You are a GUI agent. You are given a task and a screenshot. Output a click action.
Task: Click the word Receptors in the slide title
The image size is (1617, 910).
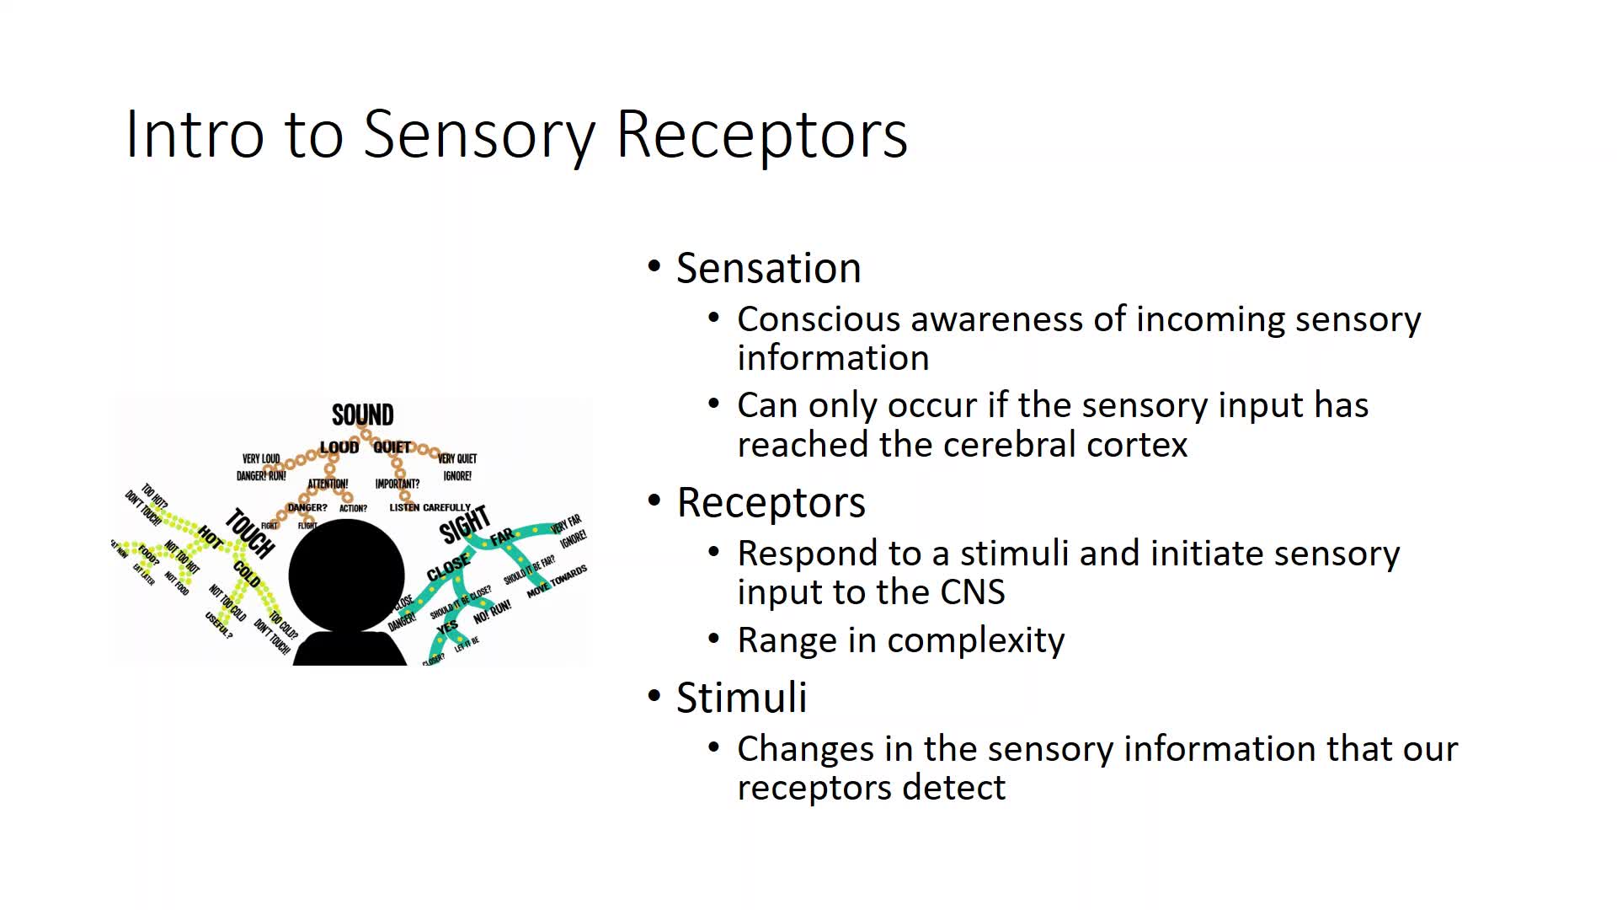(x=762, y=135)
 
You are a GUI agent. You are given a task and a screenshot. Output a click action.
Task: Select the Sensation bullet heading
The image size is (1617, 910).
(x=768, y=268)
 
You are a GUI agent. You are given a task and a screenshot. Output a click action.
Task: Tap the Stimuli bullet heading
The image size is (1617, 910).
(x=741, y=698)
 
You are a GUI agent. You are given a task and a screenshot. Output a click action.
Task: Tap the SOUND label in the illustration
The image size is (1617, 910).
(x=362, y=415)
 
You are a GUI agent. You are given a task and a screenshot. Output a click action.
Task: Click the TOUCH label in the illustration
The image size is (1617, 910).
(x=250, y=533)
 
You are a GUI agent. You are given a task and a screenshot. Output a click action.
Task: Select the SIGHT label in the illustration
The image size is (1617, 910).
(x=464, y=524)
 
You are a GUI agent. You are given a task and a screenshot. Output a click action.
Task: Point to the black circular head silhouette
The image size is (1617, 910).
(x=346, y=575)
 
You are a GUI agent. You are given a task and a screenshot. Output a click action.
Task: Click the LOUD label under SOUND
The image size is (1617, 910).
(x=339, y=447)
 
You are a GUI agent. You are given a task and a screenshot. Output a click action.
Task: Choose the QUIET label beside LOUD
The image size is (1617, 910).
(x=392, y=447)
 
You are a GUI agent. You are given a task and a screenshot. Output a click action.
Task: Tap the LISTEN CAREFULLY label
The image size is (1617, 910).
(x=430, y=507)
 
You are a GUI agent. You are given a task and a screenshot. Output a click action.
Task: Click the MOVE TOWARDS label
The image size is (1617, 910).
(x=557, y=582)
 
